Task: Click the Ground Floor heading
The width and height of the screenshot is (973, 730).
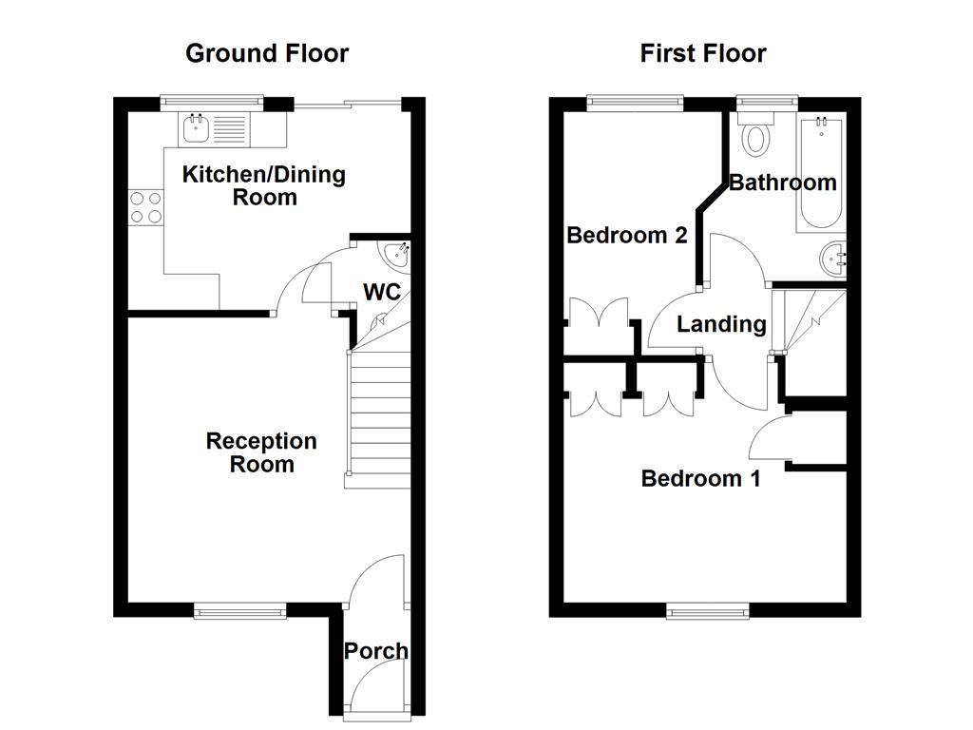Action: pyautogui.click(x=266, y=53)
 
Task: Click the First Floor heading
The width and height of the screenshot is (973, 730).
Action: pyautogui.click(x=702, y=53)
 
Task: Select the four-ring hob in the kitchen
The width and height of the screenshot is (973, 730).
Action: pyautogui.click(x=145, y=208)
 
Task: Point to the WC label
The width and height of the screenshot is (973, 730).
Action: pyautogui.click(x=382, y=291)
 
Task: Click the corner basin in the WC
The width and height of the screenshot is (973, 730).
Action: pyautogui.click(x=396, y=255)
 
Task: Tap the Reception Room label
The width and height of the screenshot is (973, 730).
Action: pyautogui.click(x=261, y=452)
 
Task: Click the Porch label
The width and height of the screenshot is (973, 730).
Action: pyautogui.click(x=375, y=651)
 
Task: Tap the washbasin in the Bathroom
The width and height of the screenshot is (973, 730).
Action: pyautogui.click(x=834, y=258)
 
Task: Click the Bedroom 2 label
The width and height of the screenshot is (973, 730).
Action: pyautogui.click(x=626, y=235)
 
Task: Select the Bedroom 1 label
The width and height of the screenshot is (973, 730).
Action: pyautogui.click(x=700, y=478)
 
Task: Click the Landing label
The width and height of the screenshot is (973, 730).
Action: pyautogui.click(x=721, y=324)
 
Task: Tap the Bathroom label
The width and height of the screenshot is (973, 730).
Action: pyautogui.click(x=782, y=182)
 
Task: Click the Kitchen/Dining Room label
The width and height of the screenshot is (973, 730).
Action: pyautogui.click(x=263, y=185)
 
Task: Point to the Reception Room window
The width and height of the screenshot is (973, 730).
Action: pyautogui.click(x=239, y=611)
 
